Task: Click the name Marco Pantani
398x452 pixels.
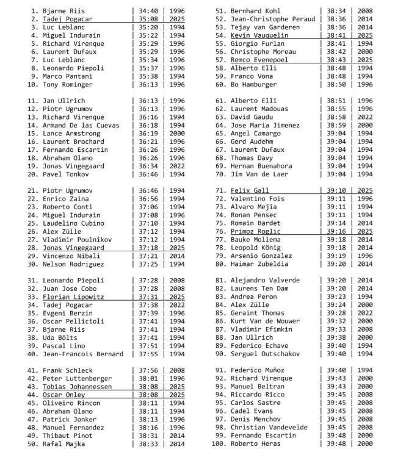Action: (x=68, y=76)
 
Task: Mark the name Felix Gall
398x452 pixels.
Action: (x=250, y=190)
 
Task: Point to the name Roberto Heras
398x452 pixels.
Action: (x=257, y=444)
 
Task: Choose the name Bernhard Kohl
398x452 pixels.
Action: (x=257, y=11)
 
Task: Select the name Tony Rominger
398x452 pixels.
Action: (x=68, y=84)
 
